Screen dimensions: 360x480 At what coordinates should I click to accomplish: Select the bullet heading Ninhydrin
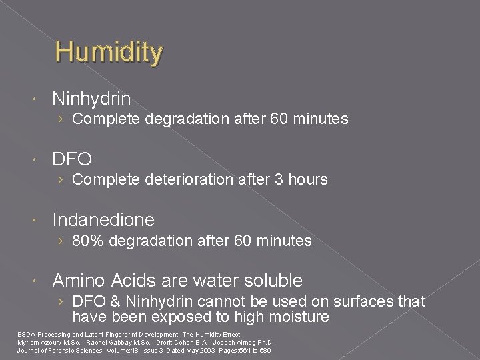point(91,99)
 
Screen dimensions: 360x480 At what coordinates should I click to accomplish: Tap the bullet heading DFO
point(72,159)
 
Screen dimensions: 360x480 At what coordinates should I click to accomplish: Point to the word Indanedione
point(103,219)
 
